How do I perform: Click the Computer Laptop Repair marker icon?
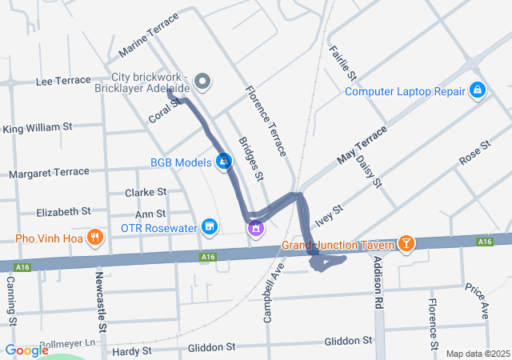[477, 90]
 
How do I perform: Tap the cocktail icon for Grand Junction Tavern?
[406, 243]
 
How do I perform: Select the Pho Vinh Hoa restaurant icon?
[95, 237]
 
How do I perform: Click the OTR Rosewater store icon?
[210, 227]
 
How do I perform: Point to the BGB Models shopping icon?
[225, 162]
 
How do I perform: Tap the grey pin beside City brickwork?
[203, 81]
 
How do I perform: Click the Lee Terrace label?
[64, 81]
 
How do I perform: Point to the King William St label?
[38, 127]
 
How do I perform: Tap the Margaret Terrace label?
[49, 172]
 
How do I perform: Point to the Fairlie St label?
[341, 61]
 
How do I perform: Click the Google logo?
[26, 350]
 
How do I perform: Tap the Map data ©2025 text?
[477, 354]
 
